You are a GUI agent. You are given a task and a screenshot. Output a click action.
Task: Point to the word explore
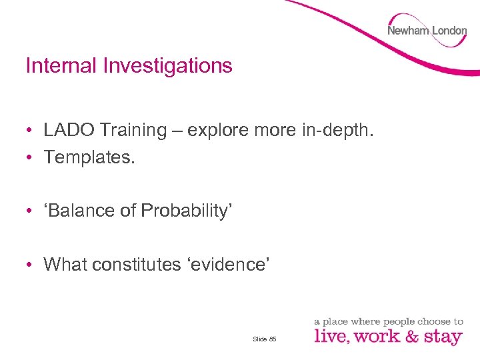pos(219,130)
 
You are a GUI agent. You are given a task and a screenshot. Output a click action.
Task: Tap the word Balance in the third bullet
pos(79,211)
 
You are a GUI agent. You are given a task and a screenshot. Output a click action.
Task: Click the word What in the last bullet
pos(65,264)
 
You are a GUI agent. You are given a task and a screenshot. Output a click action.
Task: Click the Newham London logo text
pos(427,31)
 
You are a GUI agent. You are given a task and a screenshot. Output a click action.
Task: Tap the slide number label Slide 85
pos(265,339)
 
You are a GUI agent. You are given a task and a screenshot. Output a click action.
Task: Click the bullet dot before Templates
pos(31,157)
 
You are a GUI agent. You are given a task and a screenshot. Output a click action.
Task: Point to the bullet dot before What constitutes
pos(31,265)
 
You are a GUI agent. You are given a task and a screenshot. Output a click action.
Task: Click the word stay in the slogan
pos(442,337)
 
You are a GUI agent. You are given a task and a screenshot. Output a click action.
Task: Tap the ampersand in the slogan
pos(411,336)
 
